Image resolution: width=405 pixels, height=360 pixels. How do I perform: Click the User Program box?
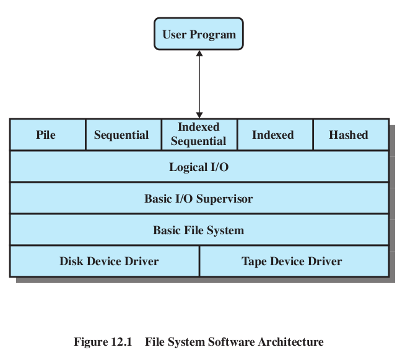pos(199,34)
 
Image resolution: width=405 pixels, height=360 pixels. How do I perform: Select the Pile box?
pos(46,135)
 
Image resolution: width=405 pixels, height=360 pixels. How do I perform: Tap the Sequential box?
pos(122,135)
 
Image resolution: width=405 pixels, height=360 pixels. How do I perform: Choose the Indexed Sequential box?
pos(198,134)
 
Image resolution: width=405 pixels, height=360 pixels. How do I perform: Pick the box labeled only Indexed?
pos(273,135)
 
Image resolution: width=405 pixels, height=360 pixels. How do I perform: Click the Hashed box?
pos(349,135)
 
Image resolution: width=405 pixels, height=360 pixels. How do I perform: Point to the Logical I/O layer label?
pos(199,167)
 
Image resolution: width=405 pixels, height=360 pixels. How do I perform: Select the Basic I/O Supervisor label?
pos(199,199)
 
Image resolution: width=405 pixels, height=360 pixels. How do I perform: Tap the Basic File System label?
pos(199,230)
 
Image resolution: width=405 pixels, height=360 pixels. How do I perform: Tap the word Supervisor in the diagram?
pos(223,199)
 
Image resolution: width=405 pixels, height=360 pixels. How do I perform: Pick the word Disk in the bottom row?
pos(71,261)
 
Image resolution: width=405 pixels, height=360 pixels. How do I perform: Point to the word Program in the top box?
pos(216,34)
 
